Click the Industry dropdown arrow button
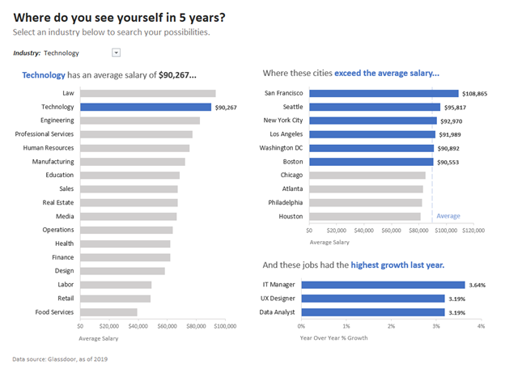click(116, 53)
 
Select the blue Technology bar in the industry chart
click(146, 107)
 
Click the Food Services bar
click(108, 312)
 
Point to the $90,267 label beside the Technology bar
click(224, 107)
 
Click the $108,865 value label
click(475, 94)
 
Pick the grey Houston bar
click(361, 217)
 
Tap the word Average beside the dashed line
click(448, 216)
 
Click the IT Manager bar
click(383, 285)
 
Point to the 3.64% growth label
click(477, 285)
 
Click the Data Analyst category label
click(278, 312)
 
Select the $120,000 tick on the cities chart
click(473, 230)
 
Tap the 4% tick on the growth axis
click(481, 326)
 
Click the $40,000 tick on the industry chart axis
click(138, 326)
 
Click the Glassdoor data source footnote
click(60, 358)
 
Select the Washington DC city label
click(281, 148)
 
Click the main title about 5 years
click(120, 16)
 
